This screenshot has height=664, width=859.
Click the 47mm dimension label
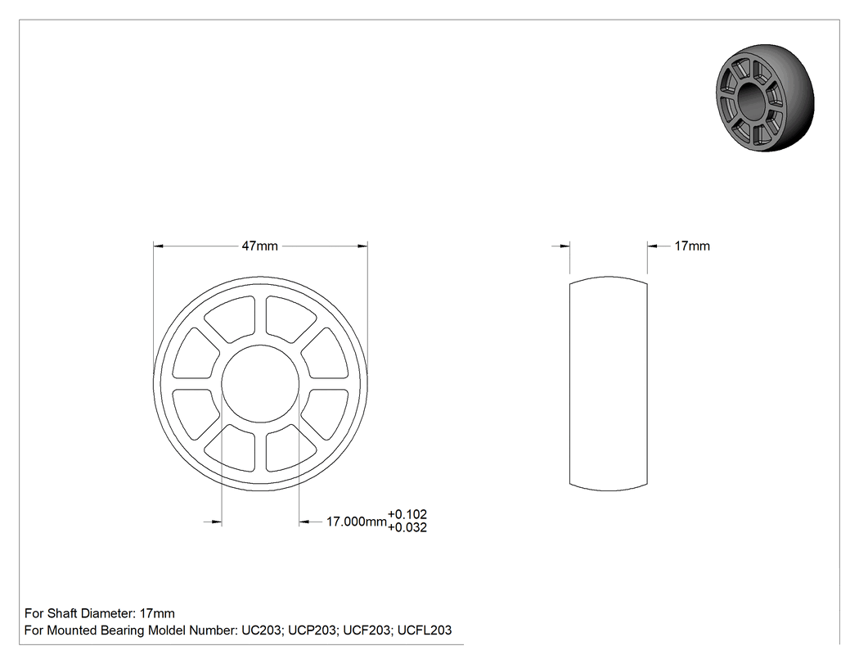pos(259,246)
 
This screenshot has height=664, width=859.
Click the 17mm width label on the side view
pos(692,246)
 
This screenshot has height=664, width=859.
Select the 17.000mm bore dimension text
pos(357,522)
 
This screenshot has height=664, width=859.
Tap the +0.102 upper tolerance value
pos(407,514)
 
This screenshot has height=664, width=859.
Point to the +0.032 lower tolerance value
pos(407,527)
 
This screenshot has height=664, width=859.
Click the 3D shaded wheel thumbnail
pos(765,98)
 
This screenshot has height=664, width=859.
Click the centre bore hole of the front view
pos(260,384)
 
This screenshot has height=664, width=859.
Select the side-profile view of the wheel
pos(609,383)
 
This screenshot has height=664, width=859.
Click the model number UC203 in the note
pos(261,630)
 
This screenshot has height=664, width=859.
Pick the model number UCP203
pos(313,630)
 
